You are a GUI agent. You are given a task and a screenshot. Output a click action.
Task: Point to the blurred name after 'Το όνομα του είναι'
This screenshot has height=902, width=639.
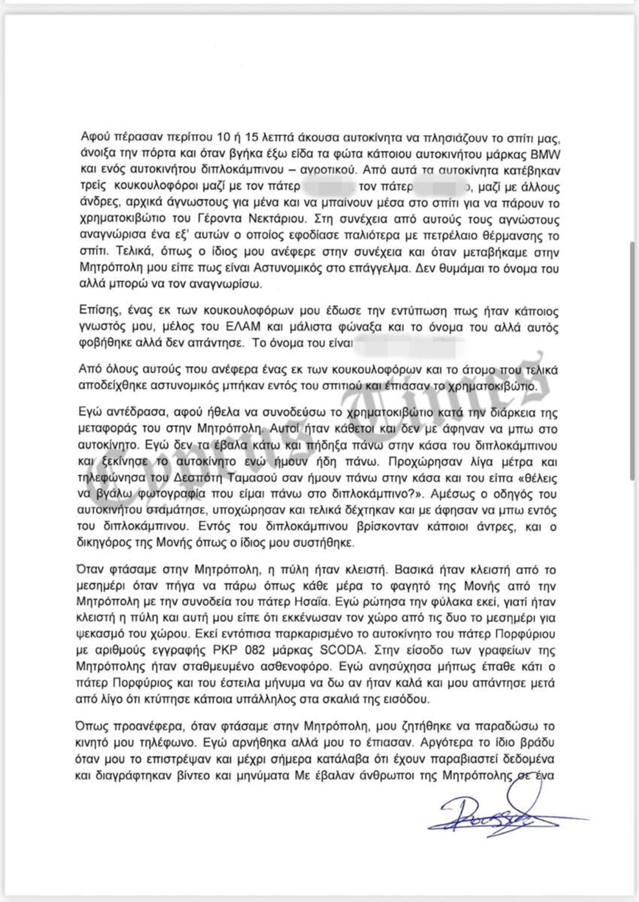click(410, 343)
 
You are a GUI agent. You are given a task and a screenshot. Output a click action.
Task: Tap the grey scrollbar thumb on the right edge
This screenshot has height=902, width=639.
click(632, 361)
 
